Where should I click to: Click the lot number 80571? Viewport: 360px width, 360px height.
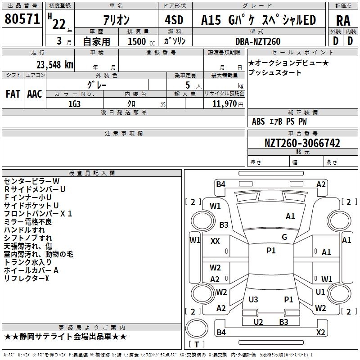pos(22,19)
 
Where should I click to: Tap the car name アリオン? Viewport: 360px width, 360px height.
pos(116,20)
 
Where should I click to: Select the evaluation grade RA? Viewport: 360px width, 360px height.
pos(343,20)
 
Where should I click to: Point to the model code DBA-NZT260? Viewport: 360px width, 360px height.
pos(258,41)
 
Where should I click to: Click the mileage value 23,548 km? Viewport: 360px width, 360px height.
pos(52,64)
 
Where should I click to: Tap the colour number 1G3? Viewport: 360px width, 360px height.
pos(74,103)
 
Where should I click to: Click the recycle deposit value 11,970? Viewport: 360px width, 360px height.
pos(224,103)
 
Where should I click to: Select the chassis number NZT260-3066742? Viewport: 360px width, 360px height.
pos(302,144)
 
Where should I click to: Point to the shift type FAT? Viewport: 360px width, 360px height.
pos(13,94)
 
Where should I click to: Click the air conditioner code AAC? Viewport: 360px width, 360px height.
pos(35,94)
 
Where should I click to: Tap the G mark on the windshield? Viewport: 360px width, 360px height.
pos(284,237)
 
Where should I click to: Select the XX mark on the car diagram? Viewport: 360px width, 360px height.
pos(215,241)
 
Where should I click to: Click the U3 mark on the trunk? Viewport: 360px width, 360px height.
pos(253,299)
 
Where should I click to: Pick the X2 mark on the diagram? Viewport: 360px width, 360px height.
pos(321,332)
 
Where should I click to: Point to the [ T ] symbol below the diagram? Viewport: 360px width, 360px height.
pos(196,344)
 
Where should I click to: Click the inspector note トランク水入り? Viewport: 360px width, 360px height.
pos(28,262)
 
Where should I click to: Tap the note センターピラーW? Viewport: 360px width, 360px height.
pos(31,181)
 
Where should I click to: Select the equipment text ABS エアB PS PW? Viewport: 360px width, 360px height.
pos(279,121)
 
